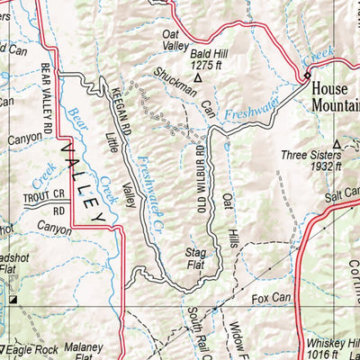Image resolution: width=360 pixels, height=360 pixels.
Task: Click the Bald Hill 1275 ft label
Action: (x=209, y=58)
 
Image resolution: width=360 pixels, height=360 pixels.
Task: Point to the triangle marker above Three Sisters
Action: (x=337, y=143)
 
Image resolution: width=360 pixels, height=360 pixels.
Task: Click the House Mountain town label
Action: (x=335, y=96)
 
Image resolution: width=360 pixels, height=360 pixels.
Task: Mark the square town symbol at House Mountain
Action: (x=307, y=75)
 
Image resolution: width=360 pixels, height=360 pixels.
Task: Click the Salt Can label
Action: (x=341, y=192)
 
